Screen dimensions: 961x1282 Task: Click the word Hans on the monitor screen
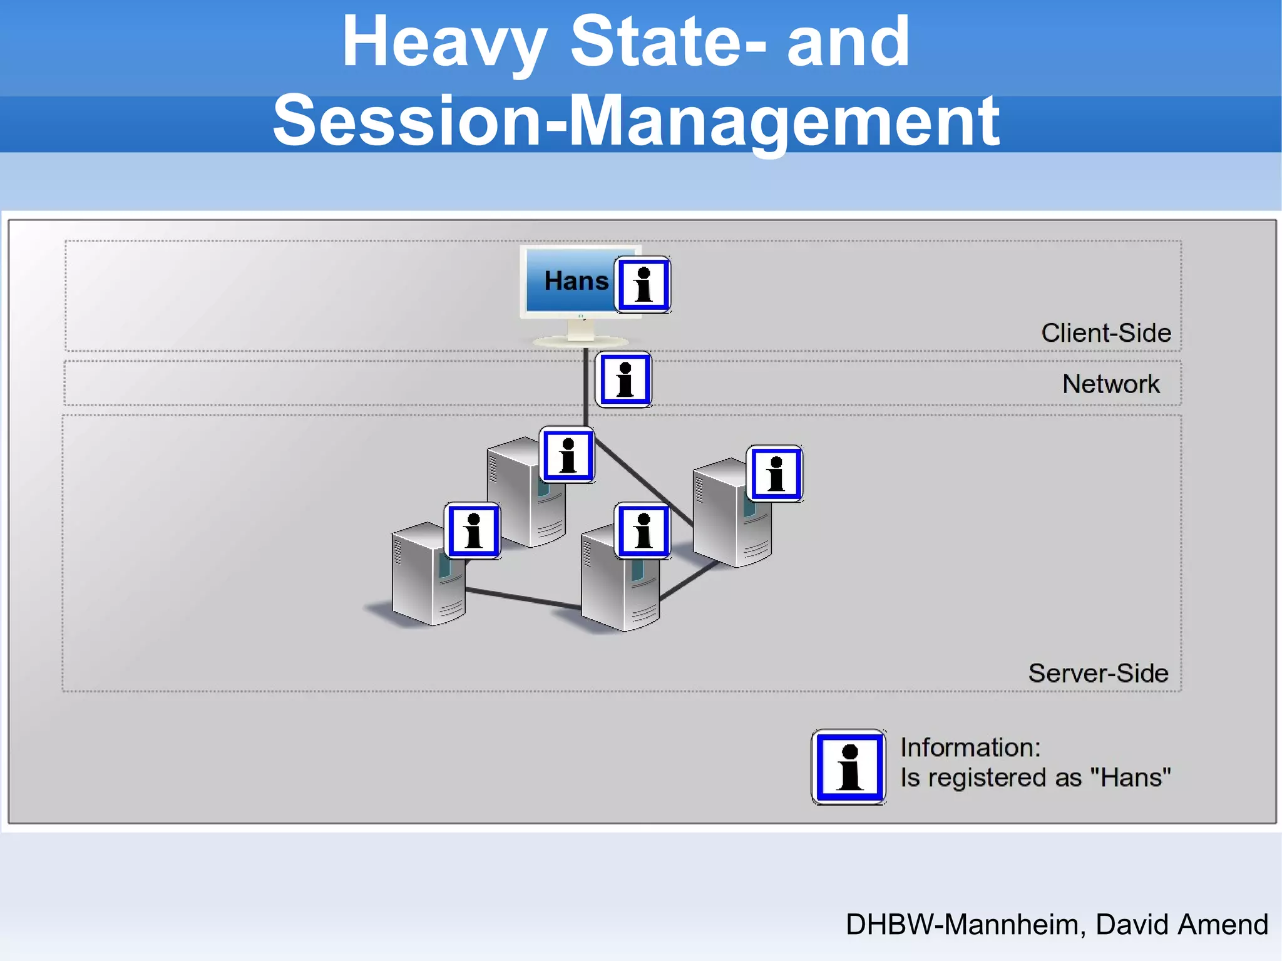[x=576, y=281]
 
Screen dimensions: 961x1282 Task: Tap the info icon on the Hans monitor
[x=643, y=285]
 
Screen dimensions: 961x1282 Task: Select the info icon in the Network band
[x=624, y=379]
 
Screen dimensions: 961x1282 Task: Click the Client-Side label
[x=1105, y=333]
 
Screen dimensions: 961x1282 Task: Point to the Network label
[x=1110, y=384]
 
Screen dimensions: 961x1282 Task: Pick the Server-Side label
[x=1098, y=674]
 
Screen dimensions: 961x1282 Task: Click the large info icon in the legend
[x=849, y=767]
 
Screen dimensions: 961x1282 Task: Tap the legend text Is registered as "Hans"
[x=1035, y=778]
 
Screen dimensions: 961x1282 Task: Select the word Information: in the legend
[x=970, y=748]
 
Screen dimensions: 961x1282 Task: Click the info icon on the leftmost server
[x=473, y=531]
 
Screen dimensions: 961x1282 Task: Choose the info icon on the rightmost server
[x=776, y=474]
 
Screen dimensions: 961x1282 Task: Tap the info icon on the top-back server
[x=568, y=455]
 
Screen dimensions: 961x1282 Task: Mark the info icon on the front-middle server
[x=643, y=531]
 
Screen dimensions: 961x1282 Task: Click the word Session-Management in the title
[x=635, y=121]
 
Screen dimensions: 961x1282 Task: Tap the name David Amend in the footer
[x=1181, y=925]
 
